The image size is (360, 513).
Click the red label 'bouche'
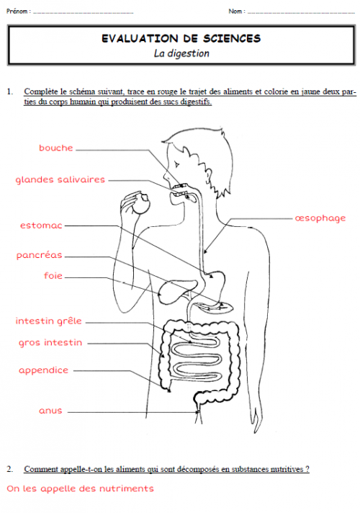coord(56,148)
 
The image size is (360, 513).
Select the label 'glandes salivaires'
coord(60,179)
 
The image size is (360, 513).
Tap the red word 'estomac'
coord(41,226)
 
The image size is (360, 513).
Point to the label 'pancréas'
coord(39,255)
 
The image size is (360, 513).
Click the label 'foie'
coord(53,275)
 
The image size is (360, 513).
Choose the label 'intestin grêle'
coord(49,321)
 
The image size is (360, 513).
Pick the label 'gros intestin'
coord(50,343)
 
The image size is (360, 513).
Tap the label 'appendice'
coord(43,370)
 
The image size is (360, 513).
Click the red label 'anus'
coord(50,411)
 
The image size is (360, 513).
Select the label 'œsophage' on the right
coord(320,218)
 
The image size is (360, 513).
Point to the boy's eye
coord(177,164)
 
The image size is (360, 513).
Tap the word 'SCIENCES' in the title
coord(232,39)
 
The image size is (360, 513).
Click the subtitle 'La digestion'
coord(181,53)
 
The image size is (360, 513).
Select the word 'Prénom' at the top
coord(17,12)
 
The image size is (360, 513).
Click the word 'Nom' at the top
coord(235,12)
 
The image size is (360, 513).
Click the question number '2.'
coord(10,469)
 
